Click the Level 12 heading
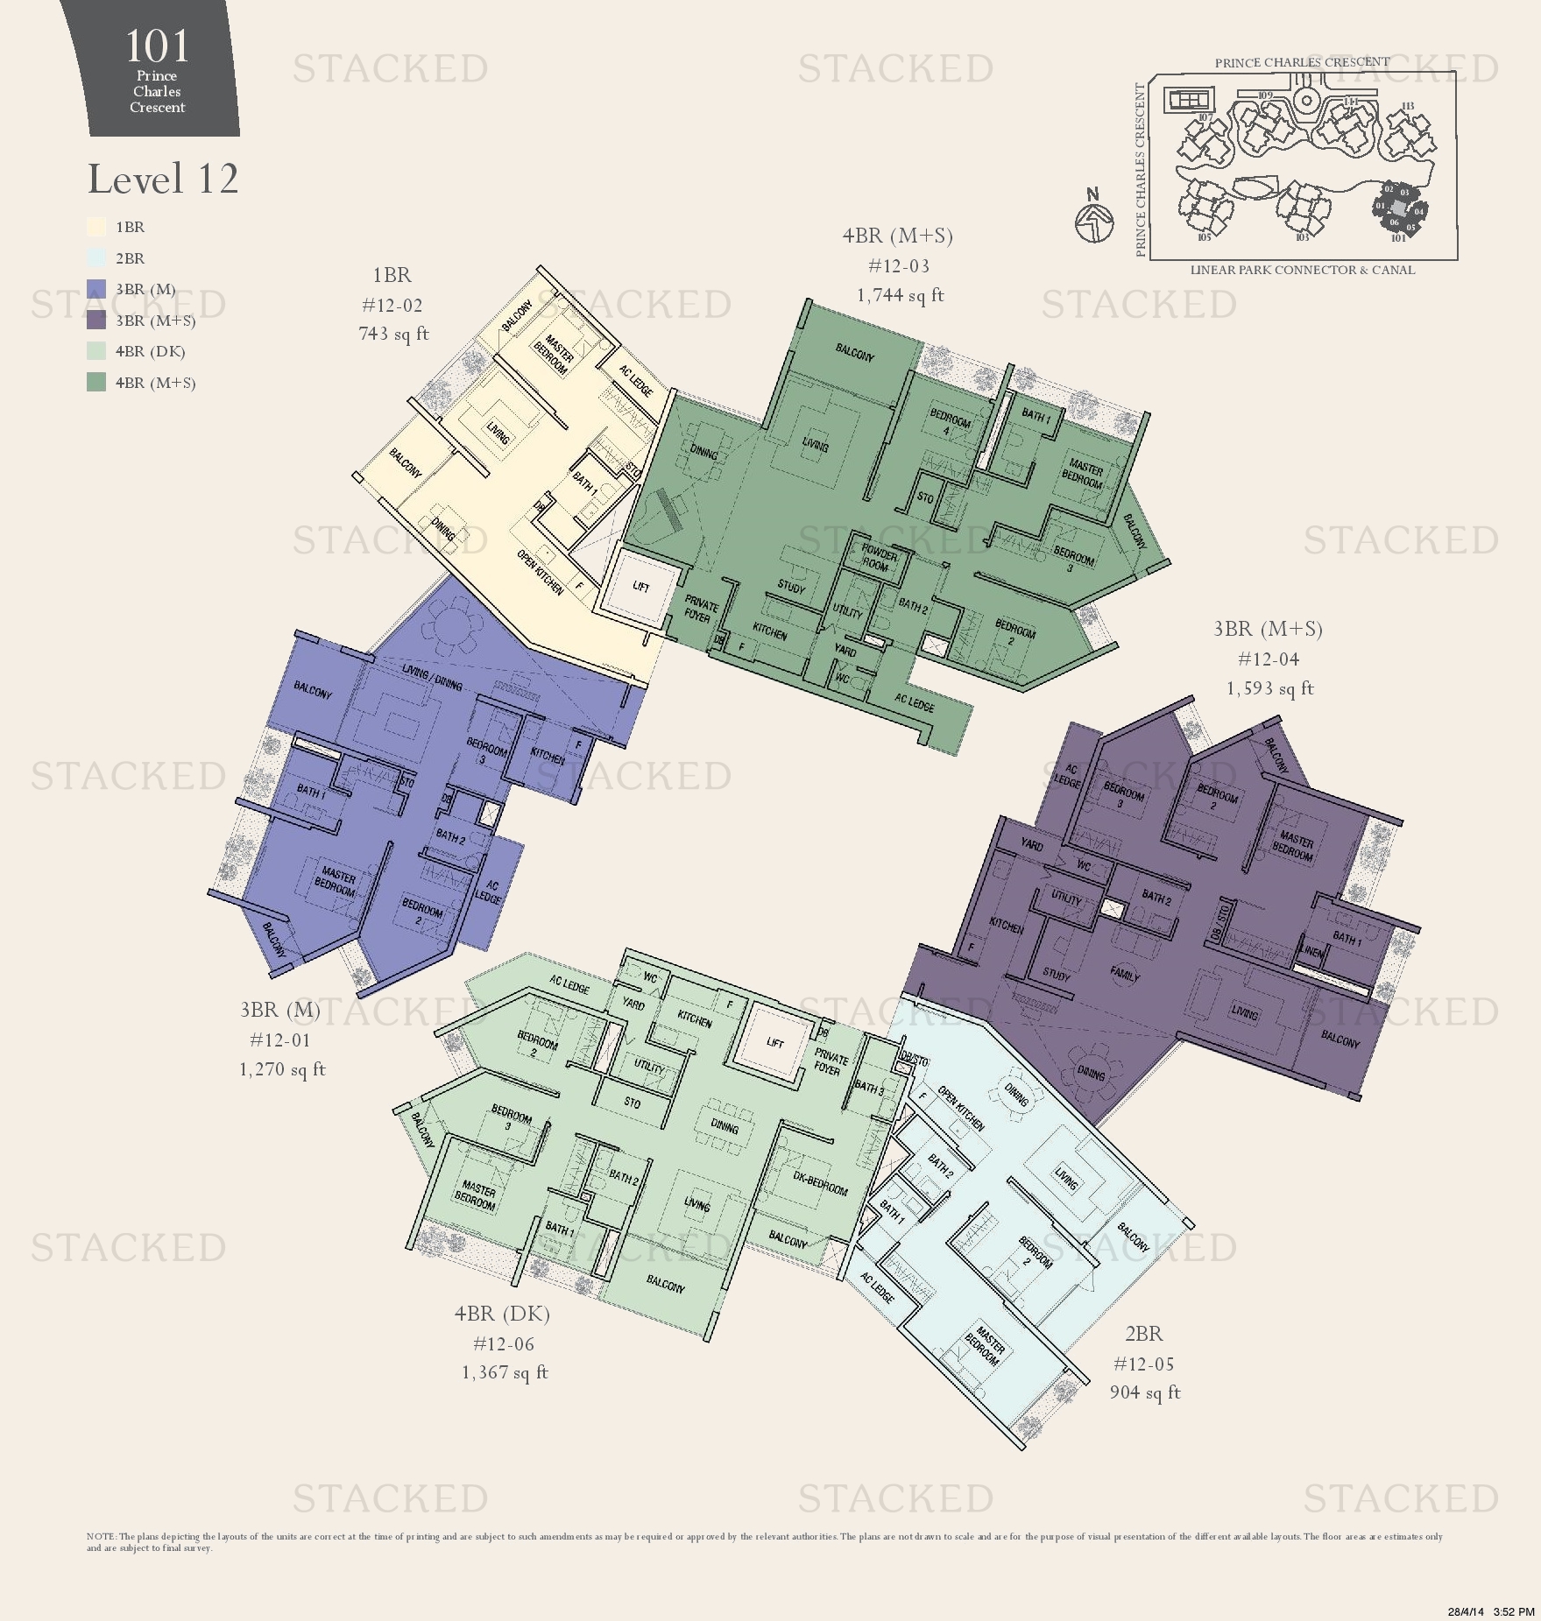163,179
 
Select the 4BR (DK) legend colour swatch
96,351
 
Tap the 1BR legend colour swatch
96,227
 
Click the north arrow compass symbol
1093,219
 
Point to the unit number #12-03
898,266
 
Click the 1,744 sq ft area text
900,295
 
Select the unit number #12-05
1143,1364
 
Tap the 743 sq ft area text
393,334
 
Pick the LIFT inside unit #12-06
774,1042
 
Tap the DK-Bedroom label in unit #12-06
820,1183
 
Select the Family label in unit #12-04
1124,973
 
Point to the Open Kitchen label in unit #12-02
540,573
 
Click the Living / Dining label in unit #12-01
432,677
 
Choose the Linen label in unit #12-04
1312,951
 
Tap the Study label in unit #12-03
791,587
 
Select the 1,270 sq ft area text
282,1069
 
